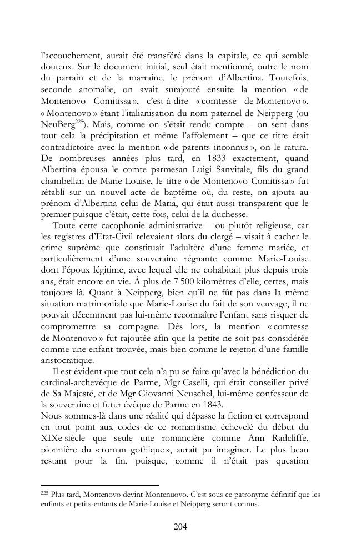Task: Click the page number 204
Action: (180, 527)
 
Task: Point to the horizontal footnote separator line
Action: (100, 485)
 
